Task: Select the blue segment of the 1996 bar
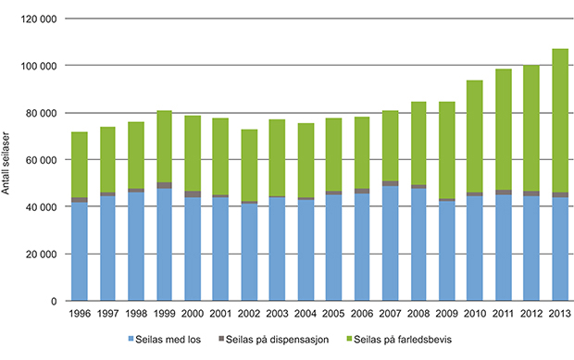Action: [x=80, y=251]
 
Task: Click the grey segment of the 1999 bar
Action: [x=165, y=185]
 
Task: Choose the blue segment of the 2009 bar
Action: [x=447, y=250]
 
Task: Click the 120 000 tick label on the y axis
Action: [x=38, y=19]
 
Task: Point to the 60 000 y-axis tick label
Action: [x=41, y=160]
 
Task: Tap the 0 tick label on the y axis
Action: [x=54, y=302]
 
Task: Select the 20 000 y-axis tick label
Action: [x=41, y=254]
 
